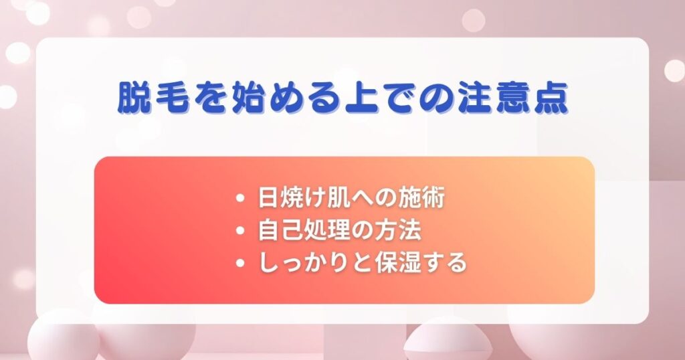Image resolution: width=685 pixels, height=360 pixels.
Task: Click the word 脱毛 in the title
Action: click(x=153, y=97)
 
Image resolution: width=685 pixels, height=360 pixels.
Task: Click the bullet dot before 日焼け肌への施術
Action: click(x=239, y=198)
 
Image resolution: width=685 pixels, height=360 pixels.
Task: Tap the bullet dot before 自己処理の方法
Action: click(x=239, y=231)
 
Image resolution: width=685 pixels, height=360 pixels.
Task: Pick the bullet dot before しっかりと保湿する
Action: click(x=239, y=263)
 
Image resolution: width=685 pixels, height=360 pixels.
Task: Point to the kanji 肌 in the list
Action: click(x=338, y=198)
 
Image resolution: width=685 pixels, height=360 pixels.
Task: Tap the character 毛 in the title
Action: click(x=172, y=97)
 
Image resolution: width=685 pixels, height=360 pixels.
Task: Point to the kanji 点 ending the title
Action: click(x=551, y=97)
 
